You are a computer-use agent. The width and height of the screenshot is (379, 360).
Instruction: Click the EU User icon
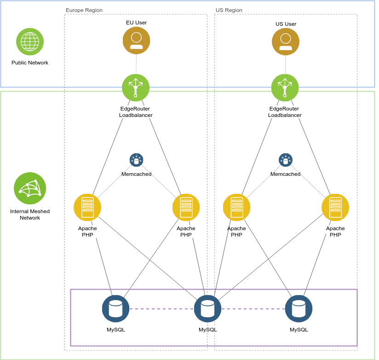[136, 40]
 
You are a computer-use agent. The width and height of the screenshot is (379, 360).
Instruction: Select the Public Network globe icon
[30, 42]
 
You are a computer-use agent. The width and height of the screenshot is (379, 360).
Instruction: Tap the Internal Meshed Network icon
[30, 188]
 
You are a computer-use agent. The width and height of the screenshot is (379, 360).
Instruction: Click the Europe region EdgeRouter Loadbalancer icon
[136, 88]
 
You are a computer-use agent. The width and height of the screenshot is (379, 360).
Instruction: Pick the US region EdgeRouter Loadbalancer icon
[285, 88]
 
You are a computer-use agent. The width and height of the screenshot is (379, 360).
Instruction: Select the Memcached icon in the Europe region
[136, 160]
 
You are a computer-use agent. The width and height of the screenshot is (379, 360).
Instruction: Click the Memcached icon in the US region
[285, 160]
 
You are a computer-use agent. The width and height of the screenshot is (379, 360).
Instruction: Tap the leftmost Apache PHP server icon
[87, 208]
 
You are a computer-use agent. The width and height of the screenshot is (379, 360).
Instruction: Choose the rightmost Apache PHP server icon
[335, 208]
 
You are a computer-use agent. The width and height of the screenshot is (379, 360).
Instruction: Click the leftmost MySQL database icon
[115, 308]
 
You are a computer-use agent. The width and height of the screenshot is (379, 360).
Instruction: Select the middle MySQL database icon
[207, 308]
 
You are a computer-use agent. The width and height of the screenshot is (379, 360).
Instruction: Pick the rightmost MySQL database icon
[299, 308]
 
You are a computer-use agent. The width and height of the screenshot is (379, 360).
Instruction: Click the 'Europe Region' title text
[84, 10]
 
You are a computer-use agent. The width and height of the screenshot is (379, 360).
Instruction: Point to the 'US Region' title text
[229, 10]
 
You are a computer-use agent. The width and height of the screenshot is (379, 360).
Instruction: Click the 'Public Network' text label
[30, 63]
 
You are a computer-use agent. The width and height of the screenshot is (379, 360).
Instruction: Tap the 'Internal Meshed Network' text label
[30, 215]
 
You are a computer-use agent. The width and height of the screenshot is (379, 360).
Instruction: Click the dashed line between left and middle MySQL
[161, 309]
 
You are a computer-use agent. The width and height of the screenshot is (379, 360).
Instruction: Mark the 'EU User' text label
[136, 22]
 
